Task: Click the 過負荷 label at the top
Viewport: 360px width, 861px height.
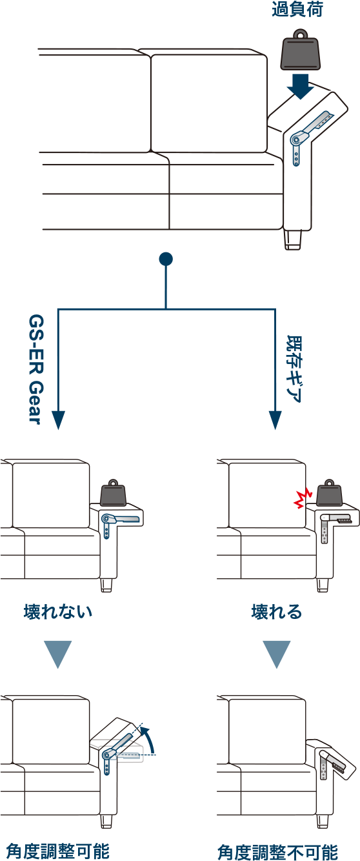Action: click(x=297, y=9)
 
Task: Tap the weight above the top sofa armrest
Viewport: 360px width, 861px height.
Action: click(x=301, y=50)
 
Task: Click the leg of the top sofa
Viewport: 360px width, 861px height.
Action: click(x=293, y=239)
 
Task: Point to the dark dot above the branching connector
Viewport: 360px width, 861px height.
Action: click(x=166, y=259)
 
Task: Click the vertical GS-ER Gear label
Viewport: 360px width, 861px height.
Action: click(x=37, y=369)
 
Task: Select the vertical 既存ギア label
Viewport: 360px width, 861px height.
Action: click(x=294, y=369)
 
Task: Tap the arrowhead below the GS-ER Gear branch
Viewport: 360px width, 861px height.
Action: click(x=58, y=420)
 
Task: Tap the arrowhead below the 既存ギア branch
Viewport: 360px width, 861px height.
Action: click(x=275, y=420)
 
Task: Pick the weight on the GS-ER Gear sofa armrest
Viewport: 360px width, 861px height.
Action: click(x=113, y=493)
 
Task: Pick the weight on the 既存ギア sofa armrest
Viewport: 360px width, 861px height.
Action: click(x=329, y=493)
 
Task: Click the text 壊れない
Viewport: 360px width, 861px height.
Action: click(x=57, y=611)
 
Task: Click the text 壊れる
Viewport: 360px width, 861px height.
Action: click(x=277, y=611)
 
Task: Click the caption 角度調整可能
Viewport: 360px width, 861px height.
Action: click(x=57, y=851)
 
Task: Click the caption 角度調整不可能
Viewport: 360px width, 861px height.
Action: click(x=277, y=852)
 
